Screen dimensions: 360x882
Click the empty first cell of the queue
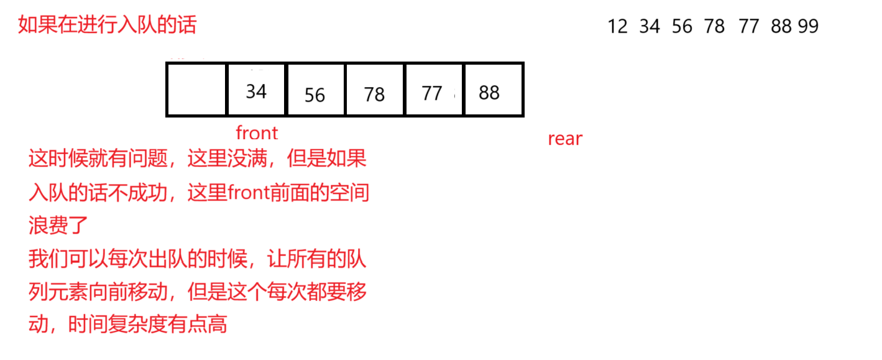196,90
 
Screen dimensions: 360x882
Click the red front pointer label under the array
257,132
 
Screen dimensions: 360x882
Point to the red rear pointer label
565,139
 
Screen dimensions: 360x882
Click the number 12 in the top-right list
618,27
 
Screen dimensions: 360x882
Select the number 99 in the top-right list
808,27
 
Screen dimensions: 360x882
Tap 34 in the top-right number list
650,27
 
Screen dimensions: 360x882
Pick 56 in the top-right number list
682,27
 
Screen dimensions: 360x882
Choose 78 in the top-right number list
715,27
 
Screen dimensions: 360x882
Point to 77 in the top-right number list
749,27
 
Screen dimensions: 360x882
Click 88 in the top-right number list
781,27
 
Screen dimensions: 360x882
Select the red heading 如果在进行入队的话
108,25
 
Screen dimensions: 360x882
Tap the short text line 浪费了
59,225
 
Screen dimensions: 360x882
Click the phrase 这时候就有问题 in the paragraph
98,160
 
